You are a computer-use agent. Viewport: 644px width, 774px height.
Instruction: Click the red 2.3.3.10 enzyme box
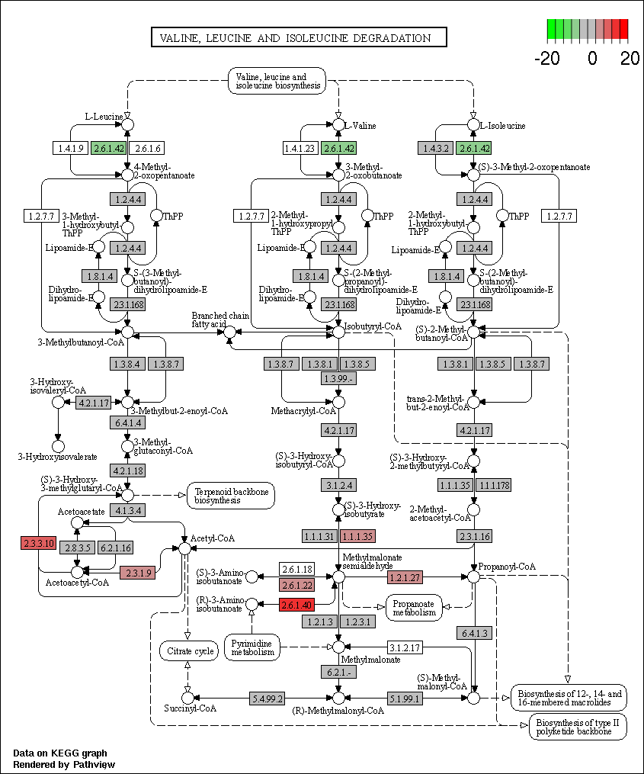click(39, 544)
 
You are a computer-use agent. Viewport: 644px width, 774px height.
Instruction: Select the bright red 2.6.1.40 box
click(297, 605)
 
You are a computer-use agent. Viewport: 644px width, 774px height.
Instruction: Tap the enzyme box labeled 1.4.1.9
click(71, 148)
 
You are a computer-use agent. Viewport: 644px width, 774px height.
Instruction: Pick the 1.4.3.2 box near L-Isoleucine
click(435, 148)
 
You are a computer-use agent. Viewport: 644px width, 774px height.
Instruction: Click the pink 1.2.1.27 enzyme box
click(405, 576)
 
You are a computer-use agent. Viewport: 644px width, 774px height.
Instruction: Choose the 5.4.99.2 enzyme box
click(268, 699)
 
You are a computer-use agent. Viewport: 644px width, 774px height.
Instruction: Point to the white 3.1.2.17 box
click(405, 647)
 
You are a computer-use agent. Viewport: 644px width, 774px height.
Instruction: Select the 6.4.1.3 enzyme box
click(474, 633)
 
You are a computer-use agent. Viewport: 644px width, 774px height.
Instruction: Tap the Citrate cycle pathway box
click(189, 651)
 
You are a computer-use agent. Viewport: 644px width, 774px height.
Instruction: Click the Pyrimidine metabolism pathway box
click(252, 647)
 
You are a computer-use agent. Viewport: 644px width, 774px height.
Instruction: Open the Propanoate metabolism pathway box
click(414, 608)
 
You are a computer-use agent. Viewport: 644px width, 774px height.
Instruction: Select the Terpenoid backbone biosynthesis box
click(231, 496)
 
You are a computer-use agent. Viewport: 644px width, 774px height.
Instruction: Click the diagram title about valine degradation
click(299, 37)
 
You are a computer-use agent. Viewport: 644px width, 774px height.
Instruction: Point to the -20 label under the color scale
click(546, 59)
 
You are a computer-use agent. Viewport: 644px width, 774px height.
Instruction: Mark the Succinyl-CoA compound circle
click(187, 698)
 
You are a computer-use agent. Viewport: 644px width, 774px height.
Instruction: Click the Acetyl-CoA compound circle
click(184, 548)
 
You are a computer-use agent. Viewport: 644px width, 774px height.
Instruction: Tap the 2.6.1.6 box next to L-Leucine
click(147, 148)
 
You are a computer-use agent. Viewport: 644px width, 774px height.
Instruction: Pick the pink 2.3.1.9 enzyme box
click(138, 573)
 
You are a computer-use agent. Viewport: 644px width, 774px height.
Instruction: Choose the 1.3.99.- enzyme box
click(338, 378)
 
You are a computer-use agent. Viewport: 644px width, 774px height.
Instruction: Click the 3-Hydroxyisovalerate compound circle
click(58, 446)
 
